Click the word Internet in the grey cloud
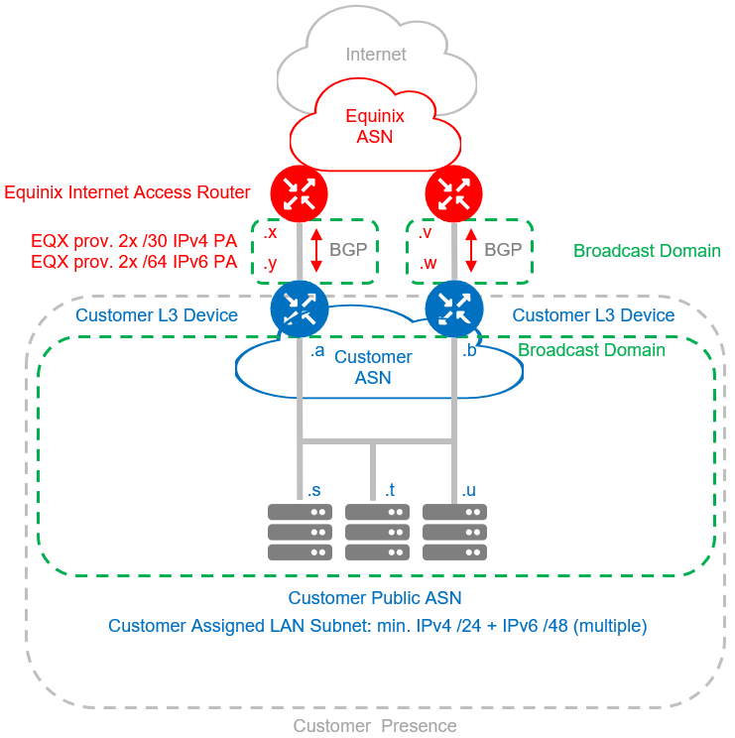pos(376,55)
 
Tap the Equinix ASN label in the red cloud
pos(375,126)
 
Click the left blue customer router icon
pos(299,308)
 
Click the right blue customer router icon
pos(453,308)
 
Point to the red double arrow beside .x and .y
pos(315,250)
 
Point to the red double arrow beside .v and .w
pos(471,250)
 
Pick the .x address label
pos(271,233)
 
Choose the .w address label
pos(429,265)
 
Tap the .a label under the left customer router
pos(317,351)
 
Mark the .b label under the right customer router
pos(471,351)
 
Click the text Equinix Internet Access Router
pos(128,192)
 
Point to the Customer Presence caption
pos(375,726)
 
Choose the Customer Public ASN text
pos(375,598)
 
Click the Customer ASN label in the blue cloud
pos(373,367)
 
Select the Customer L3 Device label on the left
pos(157,315)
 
